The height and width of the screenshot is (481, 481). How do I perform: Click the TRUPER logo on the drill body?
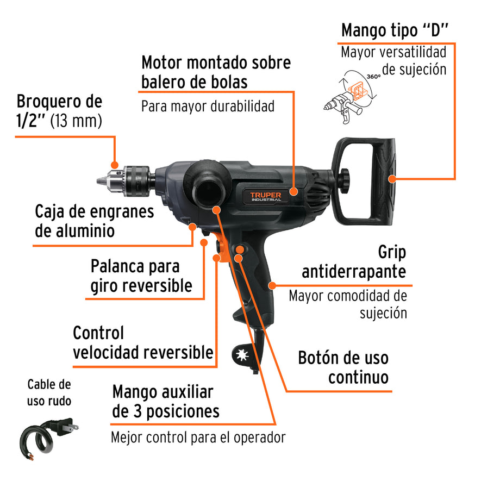[266, 196]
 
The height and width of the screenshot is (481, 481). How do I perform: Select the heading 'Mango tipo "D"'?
[394, 30]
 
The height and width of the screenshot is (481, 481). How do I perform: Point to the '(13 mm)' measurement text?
[76, 120]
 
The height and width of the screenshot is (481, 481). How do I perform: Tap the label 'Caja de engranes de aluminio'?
[94, 221]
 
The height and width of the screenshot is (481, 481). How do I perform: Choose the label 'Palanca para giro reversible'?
[141, 276]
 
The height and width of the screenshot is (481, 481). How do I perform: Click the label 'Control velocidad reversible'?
[143, 342]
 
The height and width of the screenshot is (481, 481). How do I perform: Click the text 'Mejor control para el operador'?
[198, 436]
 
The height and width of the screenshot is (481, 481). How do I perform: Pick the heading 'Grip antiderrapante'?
[354, 262]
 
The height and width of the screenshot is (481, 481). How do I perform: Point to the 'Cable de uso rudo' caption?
[49, 393]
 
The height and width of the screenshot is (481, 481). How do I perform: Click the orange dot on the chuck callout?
[115, 165]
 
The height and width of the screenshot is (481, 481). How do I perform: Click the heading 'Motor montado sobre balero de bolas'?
[216, 72]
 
